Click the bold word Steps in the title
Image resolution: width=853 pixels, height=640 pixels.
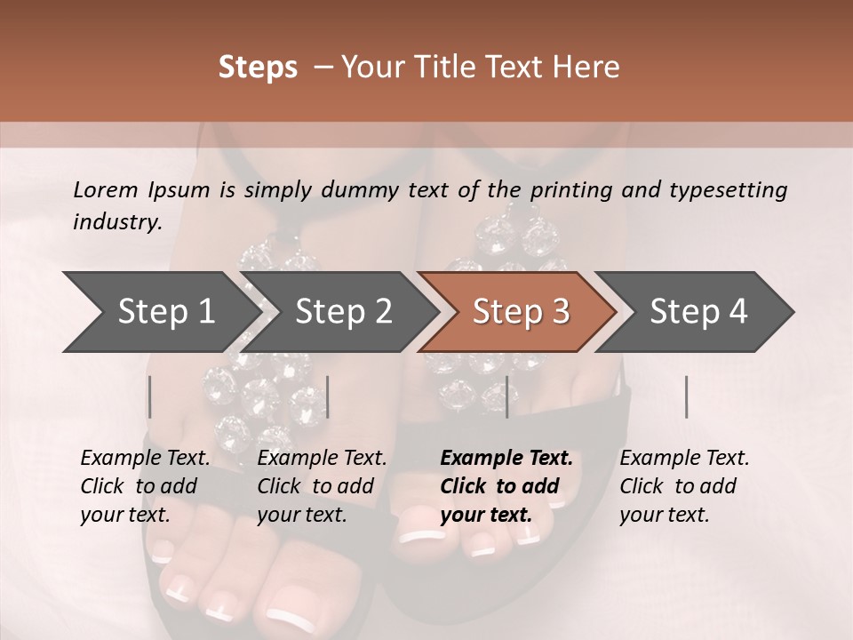click(x=258, y=68)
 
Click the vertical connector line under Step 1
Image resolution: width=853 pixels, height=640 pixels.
click(x=149, y=396)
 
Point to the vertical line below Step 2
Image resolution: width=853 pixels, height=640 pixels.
click(x=328, y=396)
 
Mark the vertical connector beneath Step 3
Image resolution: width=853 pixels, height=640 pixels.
click(x=506, y=396)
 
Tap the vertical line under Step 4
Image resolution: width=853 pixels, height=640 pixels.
click(x=686, y=396)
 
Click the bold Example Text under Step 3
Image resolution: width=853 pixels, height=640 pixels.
click(x=506, y=486)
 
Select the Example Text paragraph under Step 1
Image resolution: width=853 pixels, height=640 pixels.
click(x=145, y=486)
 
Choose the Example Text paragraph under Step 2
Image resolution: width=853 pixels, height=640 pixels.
click(x=322, y=486)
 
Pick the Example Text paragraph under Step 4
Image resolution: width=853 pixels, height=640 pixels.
click(x=684, y=486)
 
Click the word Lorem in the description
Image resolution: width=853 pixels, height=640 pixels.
click(x=106, y=189)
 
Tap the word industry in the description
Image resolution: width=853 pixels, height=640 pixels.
click(x=117, y=222)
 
